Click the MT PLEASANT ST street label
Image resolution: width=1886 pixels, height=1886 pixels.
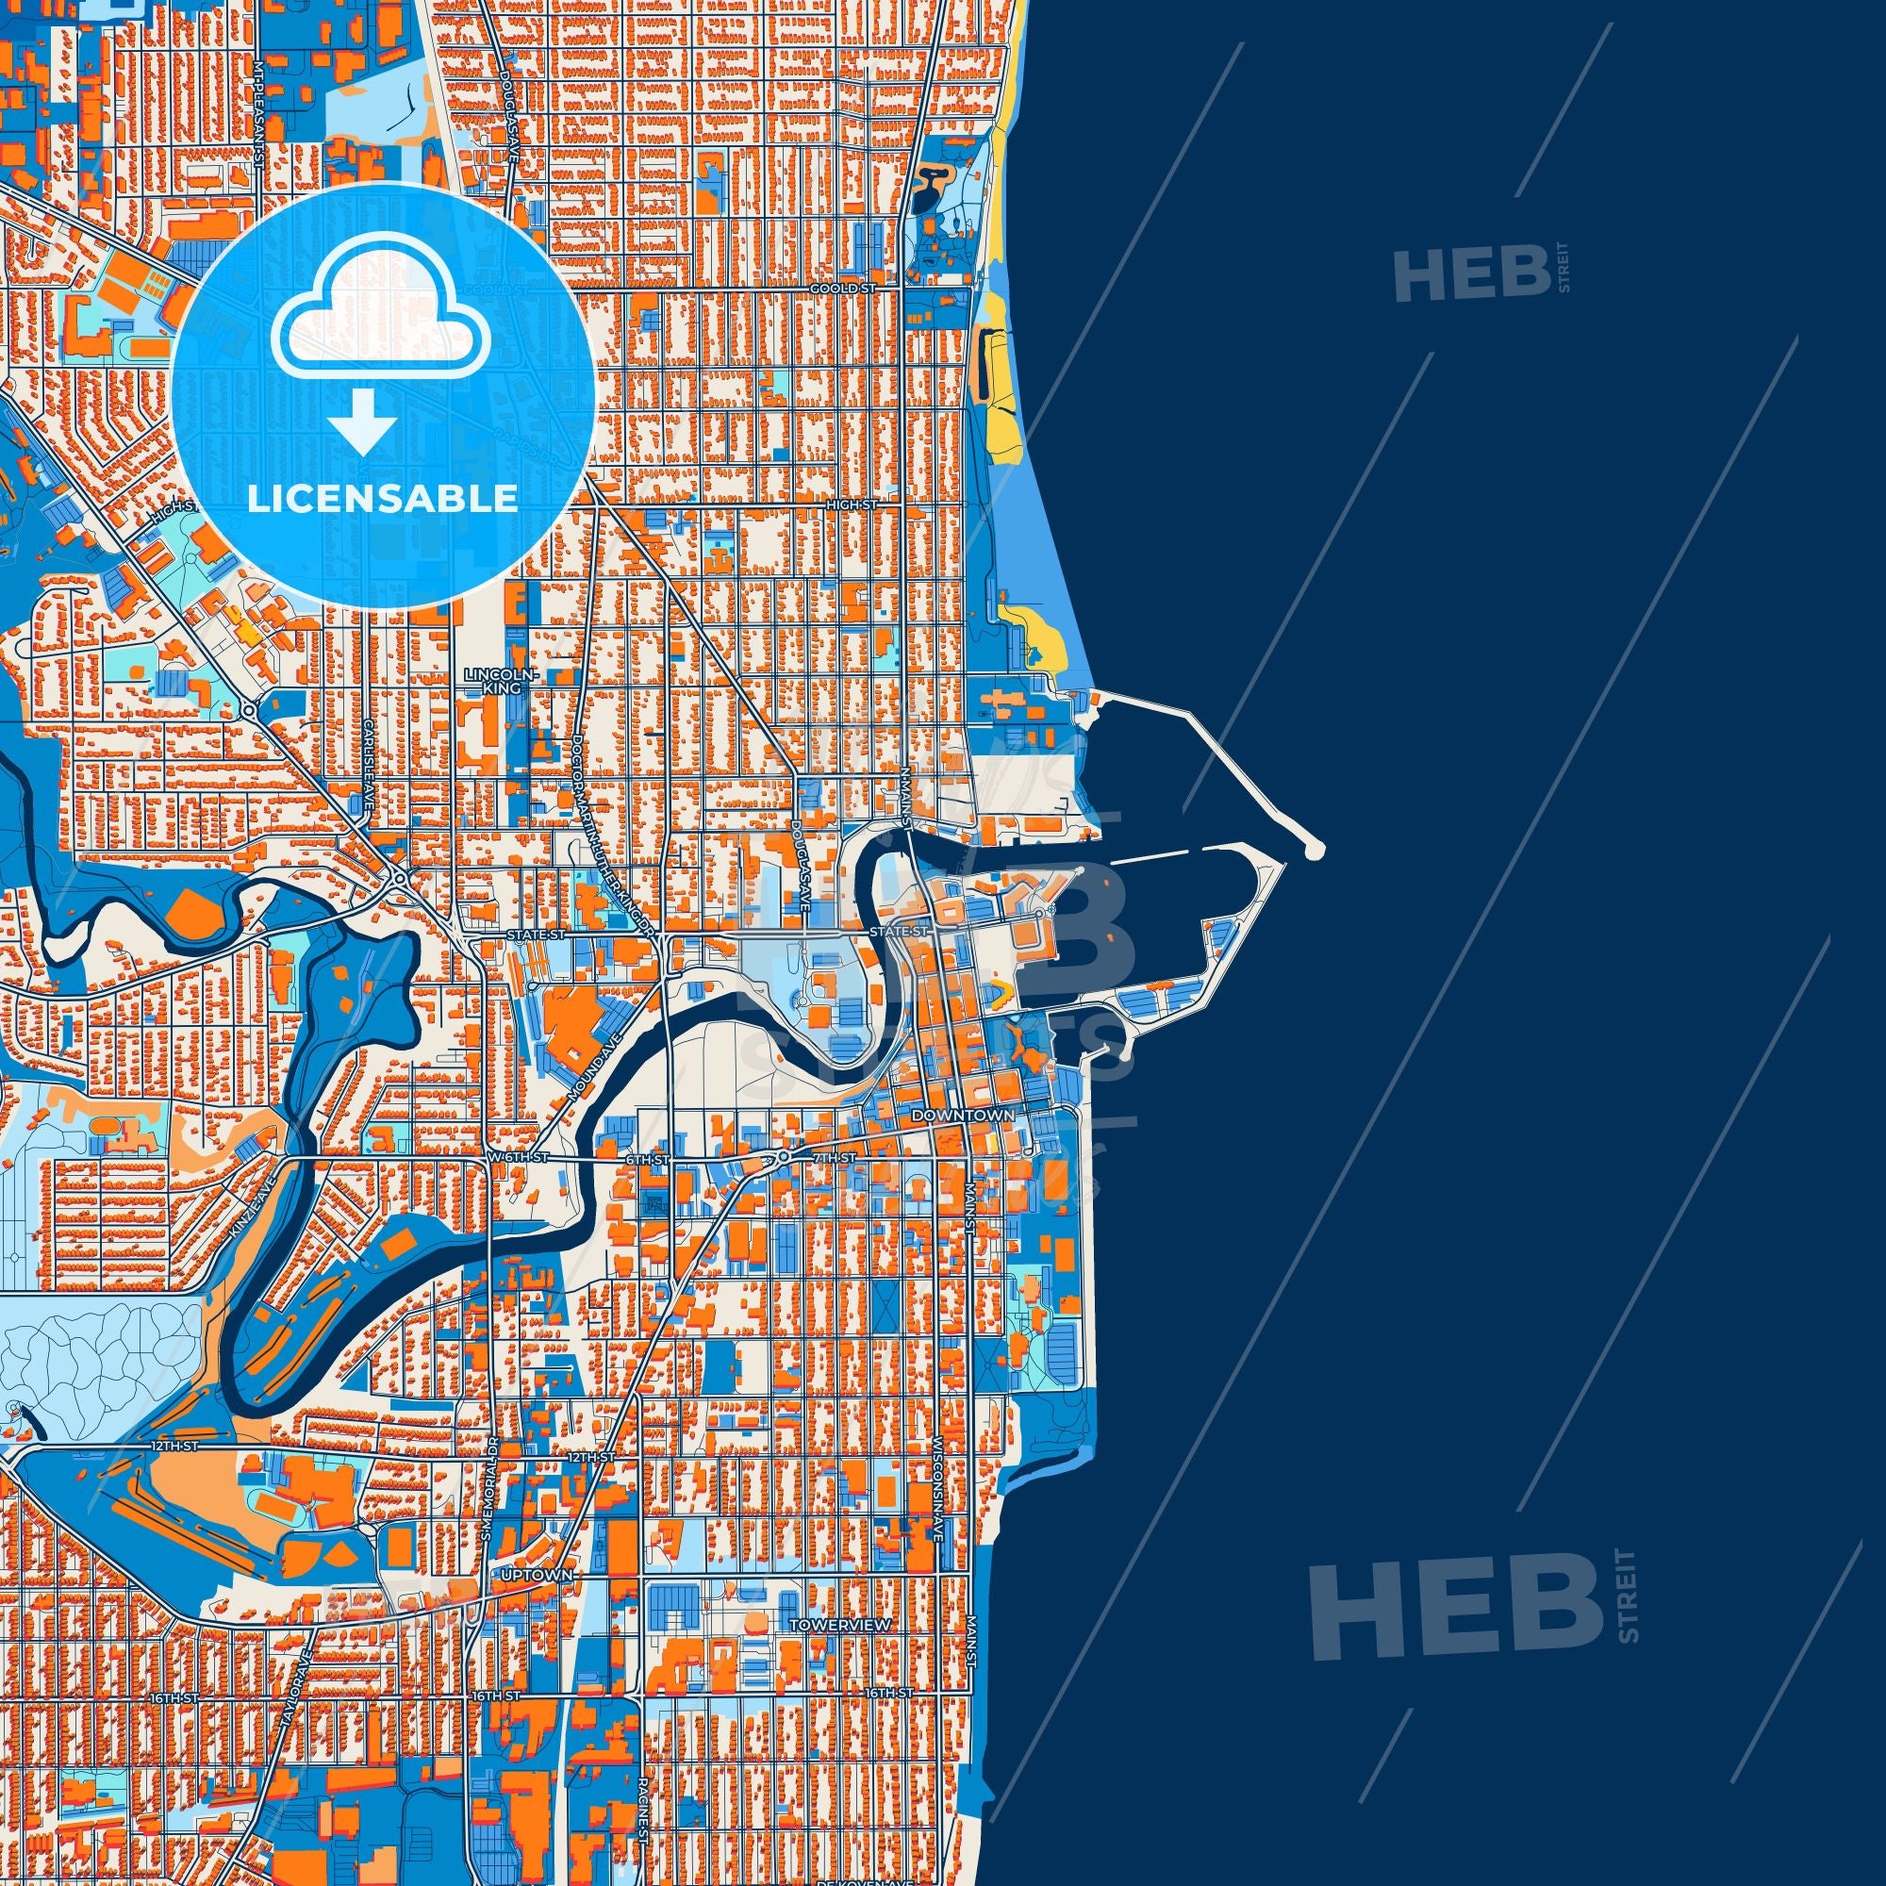258,115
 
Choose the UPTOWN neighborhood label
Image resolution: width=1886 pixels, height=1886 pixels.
533,1576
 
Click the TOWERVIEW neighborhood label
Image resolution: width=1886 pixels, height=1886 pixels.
829,1625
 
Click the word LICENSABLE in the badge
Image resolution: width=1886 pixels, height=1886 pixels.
383,499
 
